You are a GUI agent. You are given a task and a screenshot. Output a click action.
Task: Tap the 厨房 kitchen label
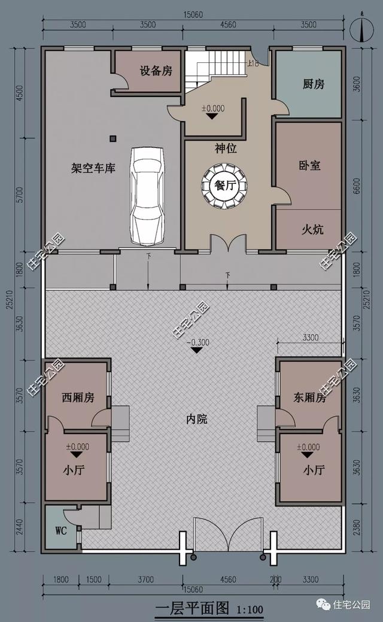click(313, 84)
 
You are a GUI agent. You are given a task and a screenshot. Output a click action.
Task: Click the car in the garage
click(147, 196)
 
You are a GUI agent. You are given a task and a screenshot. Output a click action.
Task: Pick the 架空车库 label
click(93, 168)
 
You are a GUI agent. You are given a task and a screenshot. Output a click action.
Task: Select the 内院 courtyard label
click(196, 419)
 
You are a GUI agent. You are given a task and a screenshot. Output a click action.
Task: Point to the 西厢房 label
click(78, 398)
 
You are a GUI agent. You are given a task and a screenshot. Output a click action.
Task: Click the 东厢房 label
click(309, 398)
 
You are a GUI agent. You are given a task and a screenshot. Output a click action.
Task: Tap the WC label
click(60, 531)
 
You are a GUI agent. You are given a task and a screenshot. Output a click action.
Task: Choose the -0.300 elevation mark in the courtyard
click(196, 343)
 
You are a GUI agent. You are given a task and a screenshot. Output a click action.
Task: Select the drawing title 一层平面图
click(192, 608)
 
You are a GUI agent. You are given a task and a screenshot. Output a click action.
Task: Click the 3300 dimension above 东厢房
click(309, 338)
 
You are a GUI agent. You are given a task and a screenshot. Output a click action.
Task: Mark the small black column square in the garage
click(113, 139)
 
